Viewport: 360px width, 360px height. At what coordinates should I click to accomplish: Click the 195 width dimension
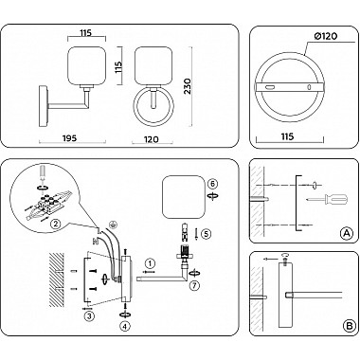coord(70,138)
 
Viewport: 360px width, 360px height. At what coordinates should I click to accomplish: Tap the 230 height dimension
coord(188,86)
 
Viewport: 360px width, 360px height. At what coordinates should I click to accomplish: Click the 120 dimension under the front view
coord(152,139)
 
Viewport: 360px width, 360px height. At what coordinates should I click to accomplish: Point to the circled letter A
coord(347,233)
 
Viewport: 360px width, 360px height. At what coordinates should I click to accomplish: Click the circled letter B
coord(349,326)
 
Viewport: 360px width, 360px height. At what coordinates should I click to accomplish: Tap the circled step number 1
coord(151,263)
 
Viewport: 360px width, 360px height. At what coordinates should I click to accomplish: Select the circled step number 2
coord(56,225)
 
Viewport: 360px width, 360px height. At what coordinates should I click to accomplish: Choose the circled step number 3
coord(90,315)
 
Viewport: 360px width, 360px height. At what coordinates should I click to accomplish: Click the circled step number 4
coord(126,327)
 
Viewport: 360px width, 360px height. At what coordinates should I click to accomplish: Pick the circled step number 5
coord(206,234)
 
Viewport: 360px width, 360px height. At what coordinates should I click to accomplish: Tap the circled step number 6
coord(213,184)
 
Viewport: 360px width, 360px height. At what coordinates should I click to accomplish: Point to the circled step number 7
coord(195,286)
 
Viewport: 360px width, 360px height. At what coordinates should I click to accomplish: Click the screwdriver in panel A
coord(328,199)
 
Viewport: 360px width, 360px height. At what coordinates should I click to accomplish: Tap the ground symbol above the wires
coord(112,224)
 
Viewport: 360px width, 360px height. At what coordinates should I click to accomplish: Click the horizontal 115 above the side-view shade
coord(86,32)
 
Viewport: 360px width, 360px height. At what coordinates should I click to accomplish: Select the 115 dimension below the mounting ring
coord(287,136)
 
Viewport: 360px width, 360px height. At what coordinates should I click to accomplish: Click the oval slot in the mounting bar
coord(270,87)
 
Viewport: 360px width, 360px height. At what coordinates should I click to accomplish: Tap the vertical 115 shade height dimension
coord(118,67)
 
